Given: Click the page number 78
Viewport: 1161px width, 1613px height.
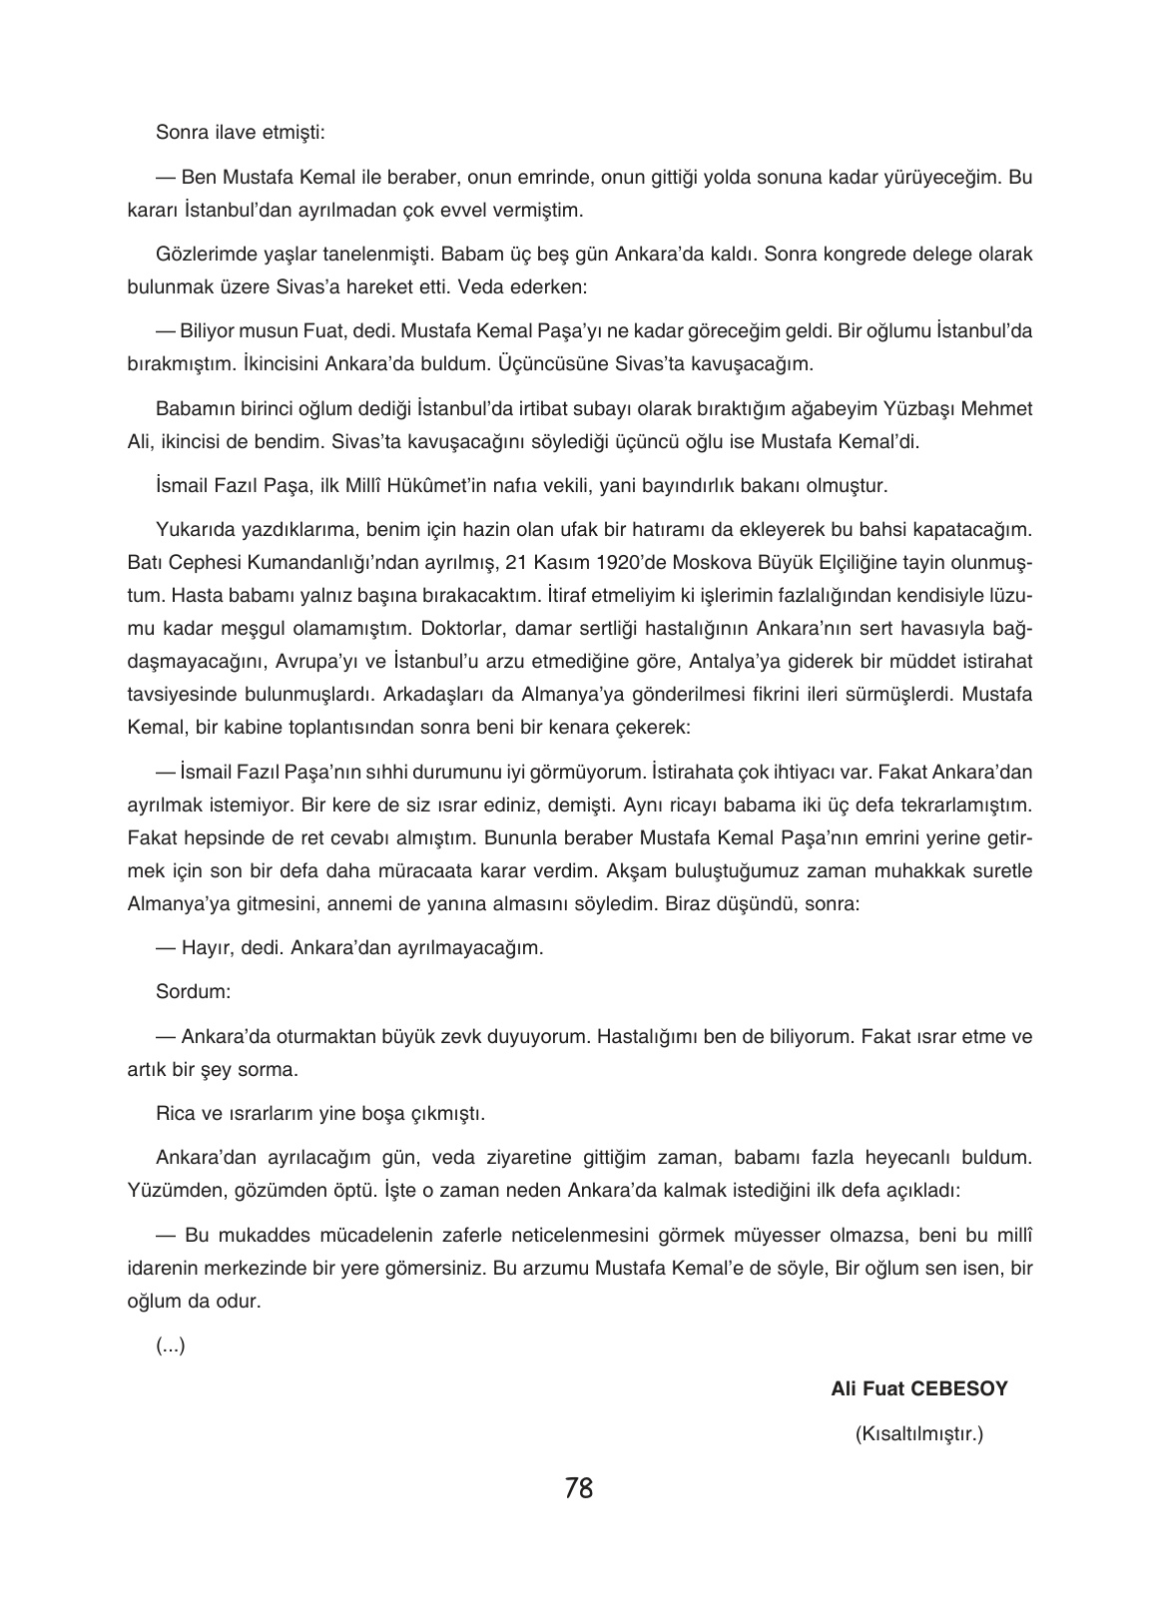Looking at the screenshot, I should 578,1488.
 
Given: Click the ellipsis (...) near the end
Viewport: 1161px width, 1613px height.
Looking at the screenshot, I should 171,1345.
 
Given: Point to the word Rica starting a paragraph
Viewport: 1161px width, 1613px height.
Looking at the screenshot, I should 176,1112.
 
